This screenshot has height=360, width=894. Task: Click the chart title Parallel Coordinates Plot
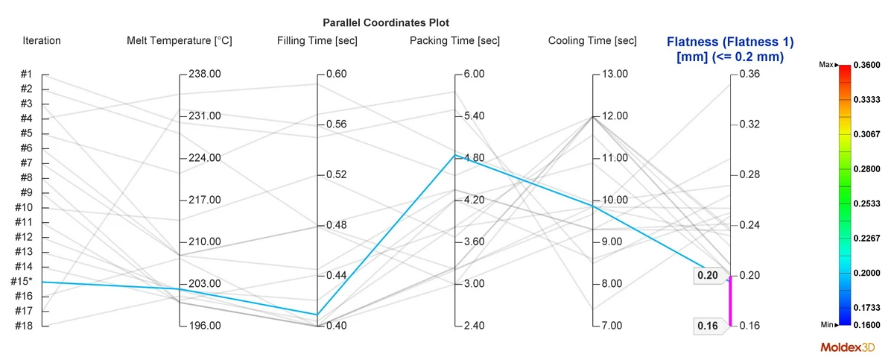point(385,23)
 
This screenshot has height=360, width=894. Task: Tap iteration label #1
point(25,75)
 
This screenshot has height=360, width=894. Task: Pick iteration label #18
point(25,326)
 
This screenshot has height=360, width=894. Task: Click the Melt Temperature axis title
point(180,41)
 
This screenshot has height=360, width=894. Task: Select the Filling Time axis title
point(317,41)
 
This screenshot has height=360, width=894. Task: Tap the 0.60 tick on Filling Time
point(335,75)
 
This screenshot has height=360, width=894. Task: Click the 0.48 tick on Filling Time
point(335,225)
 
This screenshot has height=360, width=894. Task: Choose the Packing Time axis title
point(454,41)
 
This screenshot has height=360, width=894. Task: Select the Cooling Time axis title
point(592,41)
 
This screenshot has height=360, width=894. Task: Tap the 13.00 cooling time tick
point(614,75)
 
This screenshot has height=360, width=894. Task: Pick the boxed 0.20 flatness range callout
point(708,276)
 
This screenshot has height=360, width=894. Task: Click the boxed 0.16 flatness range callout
point(708,326)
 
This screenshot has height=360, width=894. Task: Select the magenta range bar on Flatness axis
point(730,301)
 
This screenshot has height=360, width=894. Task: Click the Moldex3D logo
point(848,347)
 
